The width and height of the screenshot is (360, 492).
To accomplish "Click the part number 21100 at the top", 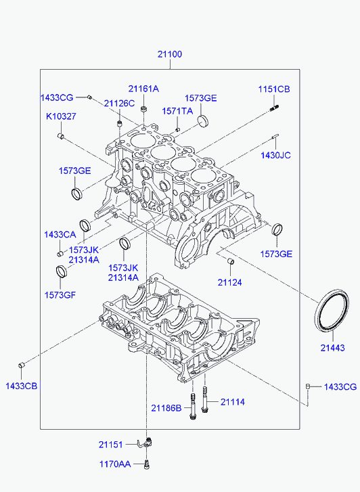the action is [170, 54].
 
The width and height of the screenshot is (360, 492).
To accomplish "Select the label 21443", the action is [332, 348].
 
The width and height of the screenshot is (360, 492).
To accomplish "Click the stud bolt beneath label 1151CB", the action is [274, 108].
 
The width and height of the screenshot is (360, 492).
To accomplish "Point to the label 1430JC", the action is [275, 155].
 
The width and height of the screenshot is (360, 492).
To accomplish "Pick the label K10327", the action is [61, 116].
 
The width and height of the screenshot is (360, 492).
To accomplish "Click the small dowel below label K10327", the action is [61, 136].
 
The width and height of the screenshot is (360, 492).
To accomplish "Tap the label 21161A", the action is [143, 89].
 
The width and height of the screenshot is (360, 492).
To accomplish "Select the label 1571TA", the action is [177, 111].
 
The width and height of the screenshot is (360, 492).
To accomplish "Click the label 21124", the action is [230, 282].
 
